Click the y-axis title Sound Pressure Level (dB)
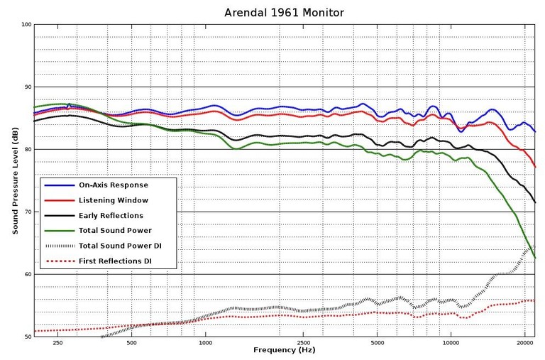(14, 180)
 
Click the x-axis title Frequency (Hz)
(284, 351)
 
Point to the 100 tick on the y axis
(26, 25)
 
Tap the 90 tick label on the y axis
(28, 87)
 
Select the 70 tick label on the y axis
(28, 212)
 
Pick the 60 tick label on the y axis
(28, 274)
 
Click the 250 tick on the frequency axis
(58, 342)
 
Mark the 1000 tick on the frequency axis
(206, 342)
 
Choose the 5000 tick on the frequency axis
(377, 342)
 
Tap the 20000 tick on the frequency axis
(524, 342)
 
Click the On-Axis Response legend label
(114, 185)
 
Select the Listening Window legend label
(113, 200)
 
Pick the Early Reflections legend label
(111, 216)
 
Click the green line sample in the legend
(59, 231)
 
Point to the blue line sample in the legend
(59, 185)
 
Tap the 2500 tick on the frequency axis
(303, 342)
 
